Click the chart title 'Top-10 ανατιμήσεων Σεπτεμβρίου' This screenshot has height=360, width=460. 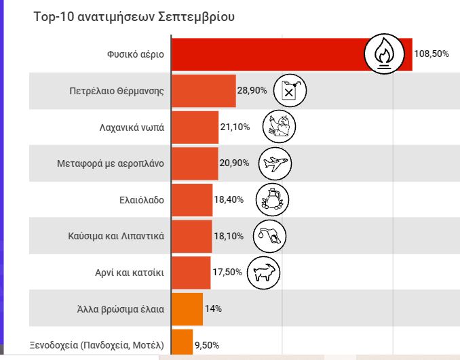pyautogui.click(x=134, y=17)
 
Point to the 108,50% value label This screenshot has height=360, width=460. pyautogui.click(x=432, y=54)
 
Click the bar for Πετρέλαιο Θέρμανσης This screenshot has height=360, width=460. pyautogui.click(x=204, y=90)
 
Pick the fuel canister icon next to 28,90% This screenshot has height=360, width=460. pyautogui.click(x=290, y=90)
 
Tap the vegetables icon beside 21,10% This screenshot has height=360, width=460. pyautogui.click(x=279, y=126)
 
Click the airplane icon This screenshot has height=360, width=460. pyautogui.click(x=275, y=163)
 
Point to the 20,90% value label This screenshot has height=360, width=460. pyautogui.click(x=235, y=163)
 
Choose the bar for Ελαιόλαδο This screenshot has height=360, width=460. pyautogui.click(x=192, y=200)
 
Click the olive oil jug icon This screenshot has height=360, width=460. pyautogui.click(x=273, y=200)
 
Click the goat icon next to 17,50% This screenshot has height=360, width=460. pyautogui.click(x=263, y=273)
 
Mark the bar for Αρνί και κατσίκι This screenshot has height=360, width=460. pyautogui.click(x=191, y=273)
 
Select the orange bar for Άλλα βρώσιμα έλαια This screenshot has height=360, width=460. pyautogui.click(x=187, y=309)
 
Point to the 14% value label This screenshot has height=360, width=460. pyautogui.click(x=214, y=309)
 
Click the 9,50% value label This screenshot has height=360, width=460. pyautogui.click(x=207, y=345)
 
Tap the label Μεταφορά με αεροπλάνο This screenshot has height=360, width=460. pyautogui.click(x=110, y=163)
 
